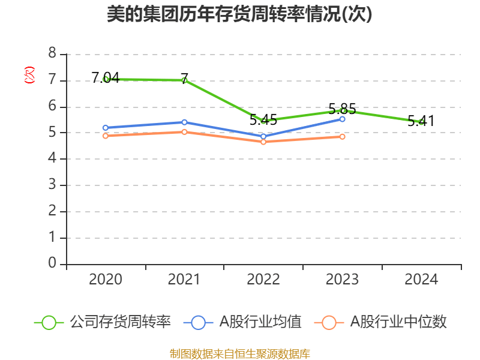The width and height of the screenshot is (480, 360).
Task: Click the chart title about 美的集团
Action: [x=239, y=14]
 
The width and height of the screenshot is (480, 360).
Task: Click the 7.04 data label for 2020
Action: [x=105, y=77]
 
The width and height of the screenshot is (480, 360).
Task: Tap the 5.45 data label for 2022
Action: [x=263, y=119]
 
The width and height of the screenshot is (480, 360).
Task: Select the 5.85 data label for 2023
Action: [x=342, y=109]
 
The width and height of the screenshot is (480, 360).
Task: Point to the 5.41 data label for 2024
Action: [x=421, y=121]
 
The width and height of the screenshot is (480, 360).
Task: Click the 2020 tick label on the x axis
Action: [x=106, y=279]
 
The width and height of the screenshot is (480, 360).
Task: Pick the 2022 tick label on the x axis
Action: [x=263, y=279]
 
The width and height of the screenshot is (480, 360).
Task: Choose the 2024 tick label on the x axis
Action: [x=421, y=279]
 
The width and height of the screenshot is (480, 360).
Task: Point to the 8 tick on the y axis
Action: [x=52, y=54]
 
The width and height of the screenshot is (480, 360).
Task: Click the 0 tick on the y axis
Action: [x=52, y=263]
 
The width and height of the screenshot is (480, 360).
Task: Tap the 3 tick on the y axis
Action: [x=52, y=185]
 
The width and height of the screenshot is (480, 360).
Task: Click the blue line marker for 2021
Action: [x=184, y=122]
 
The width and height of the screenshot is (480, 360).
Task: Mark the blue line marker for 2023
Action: [x=342, y=119]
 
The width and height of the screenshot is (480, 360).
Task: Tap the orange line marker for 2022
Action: [x=263, y=142]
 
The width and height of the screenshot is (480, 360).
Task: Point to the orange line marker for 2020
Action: [x=106, y=136]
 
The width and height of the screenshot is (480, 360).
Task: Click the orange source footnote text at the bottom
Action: [x=239, y=353]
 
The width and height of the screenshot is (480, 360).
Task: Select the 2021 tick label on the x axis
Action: [x=184, y=279]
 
